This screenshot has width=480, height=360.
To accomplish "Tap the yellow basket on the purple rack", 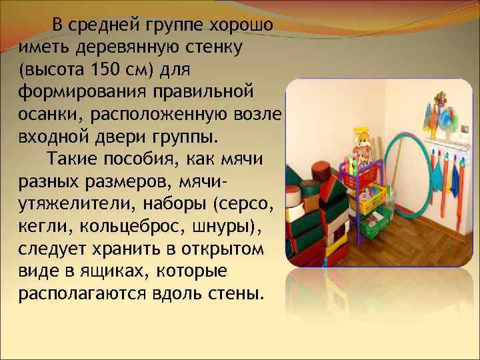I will pyautogui.click(x=373, y=200).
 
